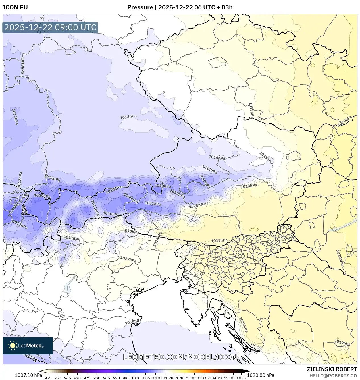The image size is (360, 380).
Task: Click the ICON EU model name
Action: pyautogui.click(x=15, y=7)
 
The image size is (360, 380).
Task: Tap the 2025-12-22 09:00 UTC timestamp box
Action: pyautogui.click(x=50, y=28)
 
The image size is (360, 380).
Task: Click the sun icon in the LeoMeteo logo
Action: pyautogui.click(x=13, y=346)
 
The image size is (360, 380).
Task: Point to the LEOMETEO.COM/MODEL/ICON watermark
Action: pyautogui.click(x=180, y=357)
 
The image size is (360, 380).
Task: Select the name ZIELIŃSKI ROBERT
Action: pyautogui.click(x=332, y=369)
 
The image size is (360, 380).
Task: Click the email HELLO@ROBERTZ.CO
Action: pyautogui.click(x=333, y=376)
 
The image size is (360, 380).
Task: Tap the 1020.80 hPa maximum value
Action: pyautogui.click(x=261, y=375)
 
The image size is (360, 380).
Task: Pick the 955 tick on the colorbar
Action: pyautogui.click(x=48, y=378)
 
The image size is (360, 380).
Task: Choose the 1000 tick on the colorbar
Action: pyautogui.click(x=136, y=378)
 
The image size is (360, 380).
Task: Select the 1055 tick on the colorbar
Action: pyautogui.click(x=241, y=378)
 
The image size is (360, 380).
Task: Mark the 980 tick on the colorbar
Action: pyautogui.click(x=97, y=378)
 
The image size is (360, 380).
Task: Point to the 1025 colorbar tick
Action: pyautogui.click(x=185, y=378)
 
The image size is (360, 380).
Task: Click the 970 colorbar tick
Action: pyautogui.click(x=77, y=378)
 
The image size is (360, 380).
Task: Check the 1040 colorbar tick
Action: pyautogui.click(x=214, y=378)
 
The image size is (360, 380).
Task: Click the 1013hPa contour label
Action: pyautogui.click(x=22, y=65)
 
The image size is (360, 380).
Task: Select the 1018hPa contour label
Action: pyautogui.click(x=249, y=186)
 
